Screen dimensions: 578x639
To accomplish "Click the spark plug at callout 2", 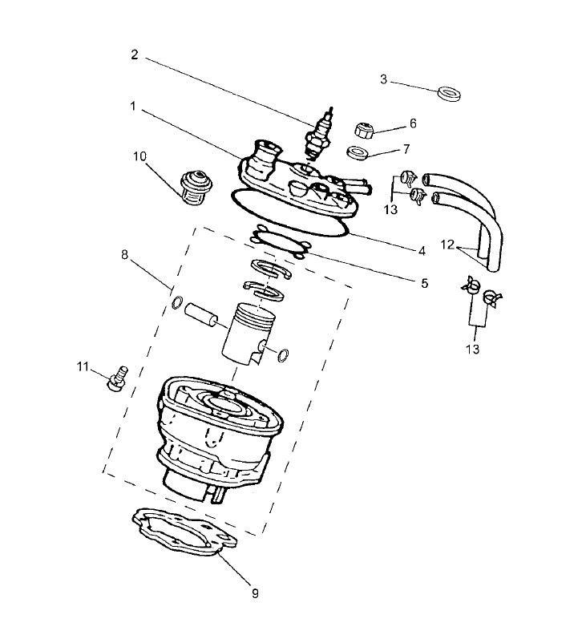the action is point(320,135).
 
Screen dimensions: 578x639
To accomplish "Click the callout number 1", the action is point(133,107).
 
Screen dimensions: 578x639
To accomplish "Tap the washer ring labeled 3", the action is point(450,93).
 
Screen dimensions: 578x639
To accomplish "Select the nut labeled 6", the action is point(364,131).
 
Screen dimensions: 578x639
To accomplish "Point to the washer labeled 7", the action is point(358,153).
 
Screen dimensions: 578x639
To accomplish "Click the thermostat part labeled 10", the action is point(196,187).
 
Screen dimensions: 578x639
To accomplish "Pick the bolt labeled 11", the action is point(118,378).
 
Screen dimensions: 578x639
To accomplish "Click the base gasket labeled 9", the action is point(184,532).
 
